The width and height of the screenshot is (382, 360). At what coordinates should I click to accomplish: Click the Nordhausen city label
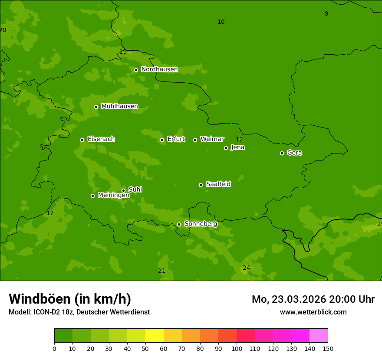[159, 69]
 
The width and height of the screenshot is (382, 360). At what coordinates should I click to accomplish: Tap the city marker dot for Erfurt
[162, 140]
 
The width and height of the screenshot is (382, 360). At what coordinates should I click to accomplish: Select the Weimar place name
[212, 139]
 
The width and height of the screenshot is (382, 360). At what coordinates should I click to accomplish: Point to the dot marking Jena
[226, 148]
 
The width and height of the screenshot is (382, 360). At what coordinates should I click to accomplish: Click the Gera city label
[294, 153]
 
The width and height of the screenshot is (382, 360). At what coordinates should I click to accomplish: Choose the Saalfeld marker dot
[201, 185]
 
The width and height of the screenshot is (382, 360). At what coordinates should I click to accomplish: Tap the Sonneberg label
[201, 224]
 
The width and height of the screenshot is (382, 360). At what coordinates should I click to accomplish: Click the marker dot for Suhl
[123, 190]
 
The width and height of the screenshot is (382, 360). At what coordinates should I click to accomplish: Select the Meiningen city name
[113, 195]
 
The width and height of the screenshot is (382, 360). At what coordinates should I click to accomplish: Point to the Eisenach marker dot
[82, 140]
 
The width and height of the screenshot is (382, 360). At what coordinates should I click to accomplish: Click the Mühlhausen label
[119, 106]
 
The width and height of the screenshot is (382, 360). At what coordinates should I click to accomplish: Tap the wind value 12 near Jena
[239, 139]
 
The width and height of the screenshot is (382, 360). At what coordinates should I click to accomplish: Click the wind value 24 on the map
[246, 268]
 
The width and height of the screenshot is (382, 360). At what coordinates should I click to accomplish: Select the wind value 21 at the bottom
[161, 271]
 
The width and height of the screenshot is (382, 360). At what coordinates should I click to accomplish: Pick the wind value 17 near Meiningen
[50, 213]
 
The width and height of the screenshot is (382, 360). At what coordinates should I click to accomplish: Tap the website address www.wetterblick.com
[313, 312]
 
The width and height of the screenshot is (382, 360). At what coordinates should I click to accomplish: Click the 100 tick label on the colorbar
[237, 348]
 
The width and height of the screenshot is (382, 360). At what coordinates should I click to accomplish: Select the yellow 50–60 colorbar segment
[155, 336]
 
